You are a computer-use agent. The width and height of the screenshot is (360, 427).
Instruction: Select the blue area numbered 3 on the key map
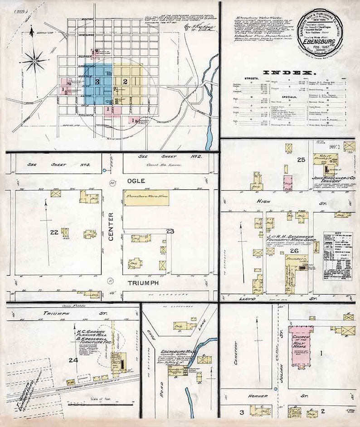coord(98,82)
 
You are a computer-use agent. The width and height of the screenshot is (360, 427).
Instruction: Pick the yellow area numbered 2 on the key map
coord(125,82)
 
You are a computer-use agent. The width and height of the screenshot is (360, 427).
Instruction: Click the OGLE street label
coord(136,181)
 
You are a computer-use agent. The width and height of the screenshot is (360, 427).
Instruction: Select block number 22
coord(54,232)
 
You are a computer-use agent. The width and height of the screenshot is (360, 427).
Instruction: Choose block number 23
coord(170,232)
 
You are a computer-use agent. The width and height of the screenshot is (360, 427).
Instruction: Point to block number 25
coord(301,160)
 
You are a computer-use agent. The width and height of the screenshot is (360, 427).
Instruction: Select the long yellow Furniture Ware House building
coord(146,199)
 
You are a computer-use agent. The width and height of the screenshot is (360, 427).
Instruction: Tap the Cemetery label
coord(236,349)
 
